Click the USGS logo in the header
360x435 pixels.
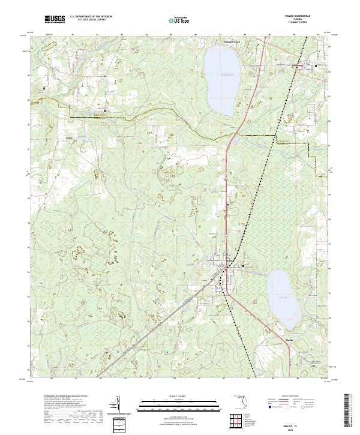55,19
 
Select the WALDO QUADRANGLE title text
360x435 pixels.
293,17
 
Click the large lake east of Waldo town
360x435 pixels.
283,293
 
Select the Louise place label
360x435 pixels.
69,137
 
